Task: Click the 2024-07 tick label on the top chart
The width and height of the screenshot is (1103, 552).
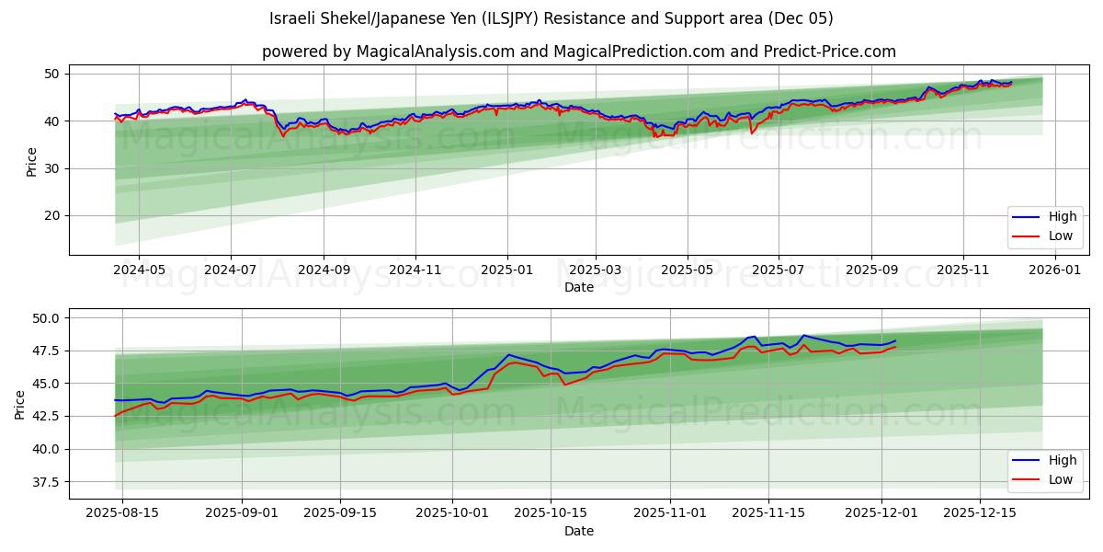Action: pos(230,270)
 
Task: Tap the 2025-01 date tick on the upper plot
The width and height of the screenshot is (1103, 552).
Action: pos(507,270)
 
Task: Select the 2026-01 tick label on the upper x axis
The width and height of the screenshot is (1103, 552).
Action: pos(1054,270)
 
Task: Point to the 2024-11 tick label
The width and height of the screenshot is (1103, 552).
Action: pos(415,270)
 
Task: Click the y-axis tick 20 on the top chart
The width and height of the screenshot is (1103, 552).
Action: pos(52,216)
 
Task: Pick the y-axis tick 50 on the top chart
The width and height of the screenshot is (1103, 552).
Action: pos(52,74)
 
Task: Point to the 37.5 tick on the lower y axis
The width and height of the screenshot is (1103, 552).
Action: pos(46,482)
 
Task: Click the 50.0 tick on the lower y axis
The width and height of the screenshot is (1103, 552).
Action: pos(46,318)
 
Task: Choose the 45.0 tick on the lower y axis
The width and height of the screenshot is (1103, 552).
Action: pos(46,384)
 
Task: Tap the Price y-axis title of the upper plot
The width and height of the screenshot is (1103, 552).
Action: pos(32,162)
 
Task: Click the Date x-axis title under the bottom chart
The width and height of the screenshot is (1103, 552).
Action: pos(579,531)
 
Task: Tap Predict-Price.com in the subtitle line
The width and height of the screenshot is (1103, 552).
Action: pos(829,52)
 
